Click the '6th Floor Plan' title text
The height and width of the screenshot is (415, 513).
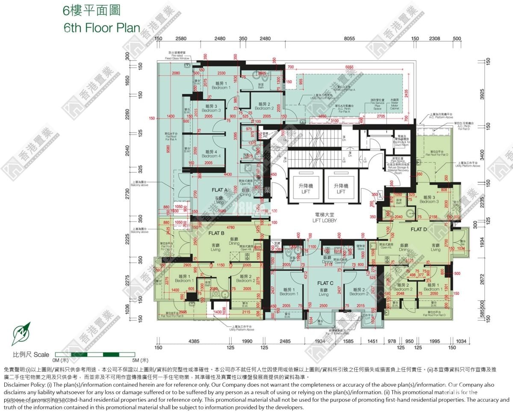coord(101,28)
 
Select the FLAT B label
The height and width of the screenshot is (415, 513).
coord(216,233)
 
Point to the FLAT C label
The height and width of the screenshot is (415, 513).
coord(325,283)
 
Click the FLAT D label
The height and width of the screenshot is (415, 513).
coord(419,230)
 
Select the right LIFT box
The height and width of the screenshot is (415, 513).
coord(341,189)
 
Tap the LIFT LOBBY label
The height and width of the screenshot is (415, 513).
coord(324,218)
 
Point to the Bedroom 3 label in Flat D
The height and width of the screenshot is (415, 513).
coord(429,199)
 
